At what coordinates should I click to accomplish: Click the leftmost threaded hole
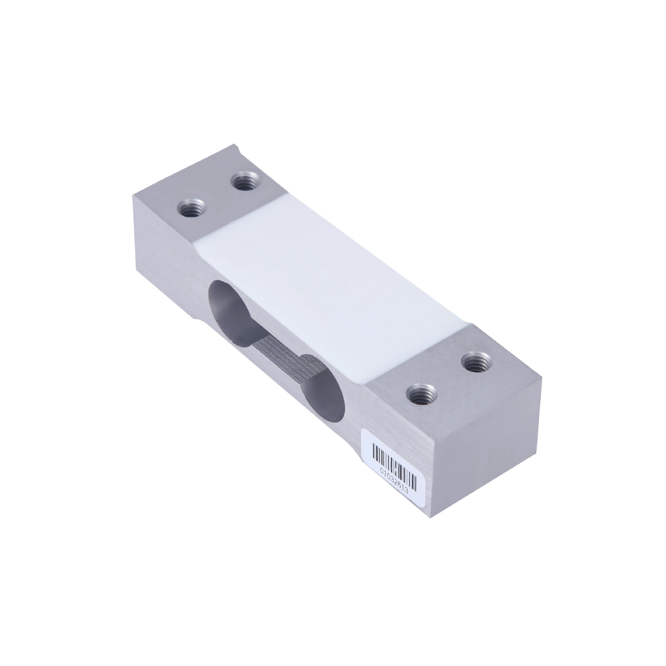191,209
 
